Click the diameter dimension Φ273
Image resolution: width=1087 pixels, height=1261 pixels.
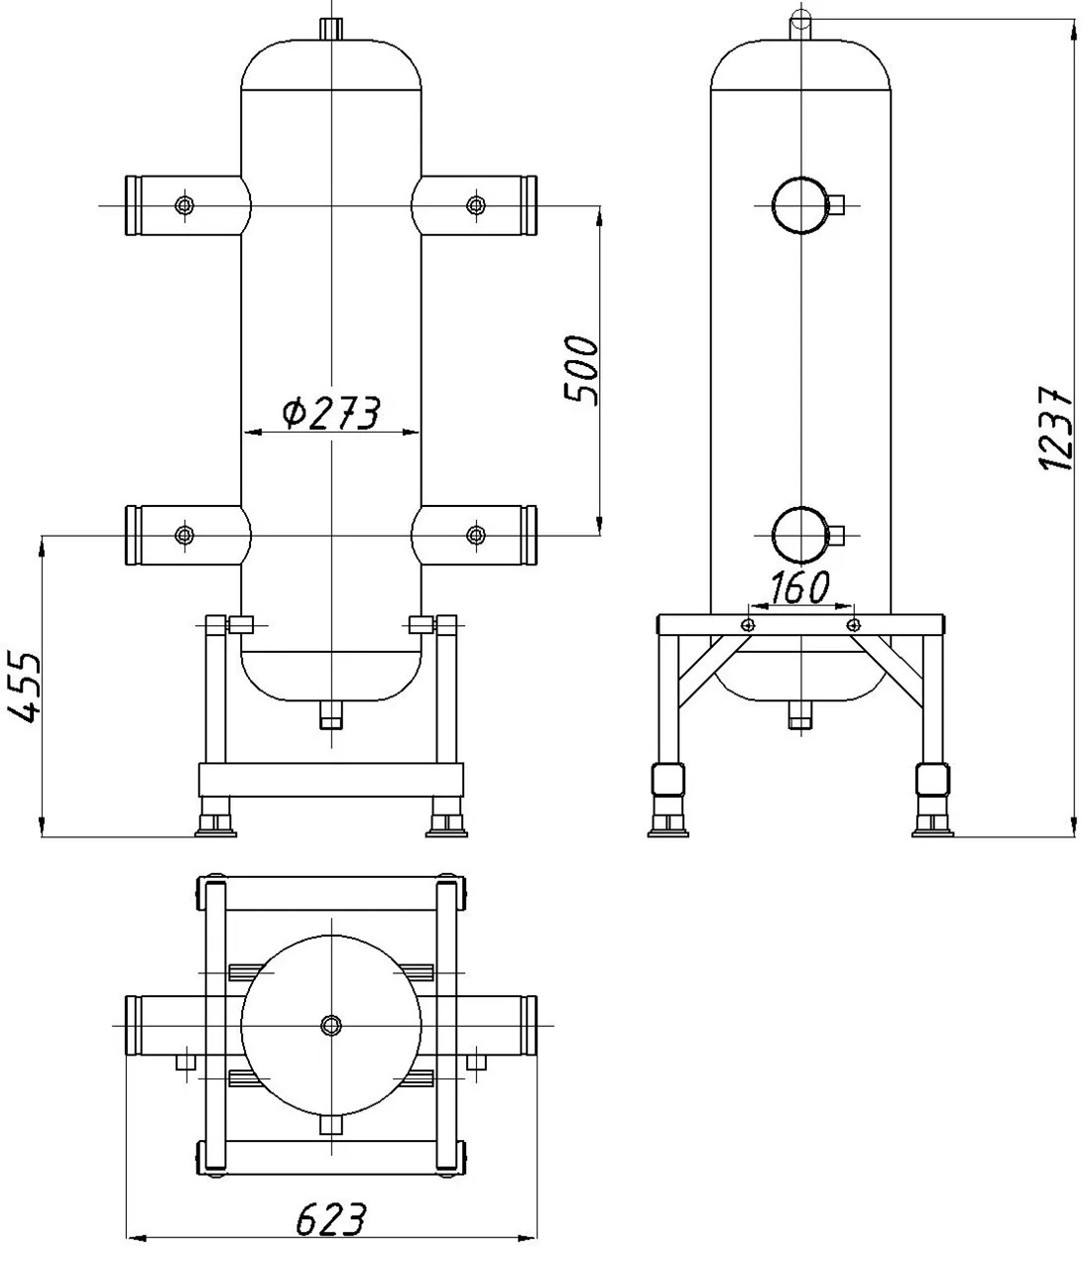pos(331,413)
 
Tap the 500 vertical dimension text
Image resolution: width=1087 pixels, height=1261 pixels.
pos(581,370)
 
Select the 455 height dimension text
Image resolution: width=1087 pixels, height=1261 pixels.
pos(24,688)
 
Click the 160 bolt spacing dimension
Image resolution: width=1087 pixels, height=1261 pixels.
pos(799,587)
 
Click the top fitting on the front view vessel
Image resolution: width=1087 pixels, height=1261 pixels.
pos(331,29)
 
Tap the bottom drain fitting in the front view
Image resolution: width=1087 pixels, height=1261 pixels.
pos(331,715)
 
